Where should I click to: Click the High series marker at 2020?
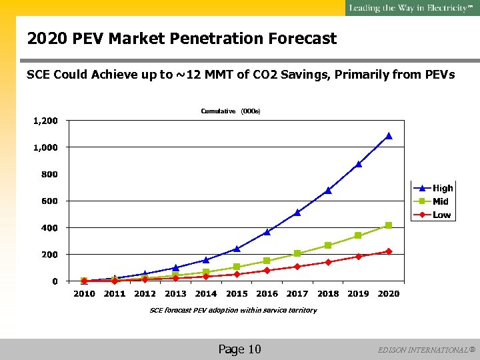click(x=389, y=136)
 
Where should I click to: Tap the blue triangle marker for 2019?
click(x=359, y=164)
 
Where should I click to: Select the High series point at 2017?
click(x=297, y=213)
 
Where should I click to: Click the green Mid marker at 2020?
click(x=389, y=225)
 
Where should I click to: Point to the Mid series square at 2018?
click(x=328, y=245)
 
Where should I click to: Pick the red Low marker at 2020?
click(x=389, y=251)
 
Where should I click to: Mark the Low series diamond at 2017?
click(x=297, y=267)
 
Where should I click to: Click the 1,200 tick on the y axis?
click(x=45, y=121)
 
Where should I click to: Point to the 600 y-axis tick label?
click(x=50, y=201)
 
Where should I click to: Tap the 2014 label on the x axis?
click(x=206, y=294)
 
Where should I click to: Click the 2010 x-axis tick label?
click(x=84, y=294)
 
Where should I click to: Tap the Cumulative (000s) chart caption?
click(x=230, y=111)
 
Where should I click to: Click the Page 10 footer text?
click(x=239, y=349)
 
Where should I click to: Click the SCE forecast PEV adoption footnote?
click(x=233, y=310)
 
